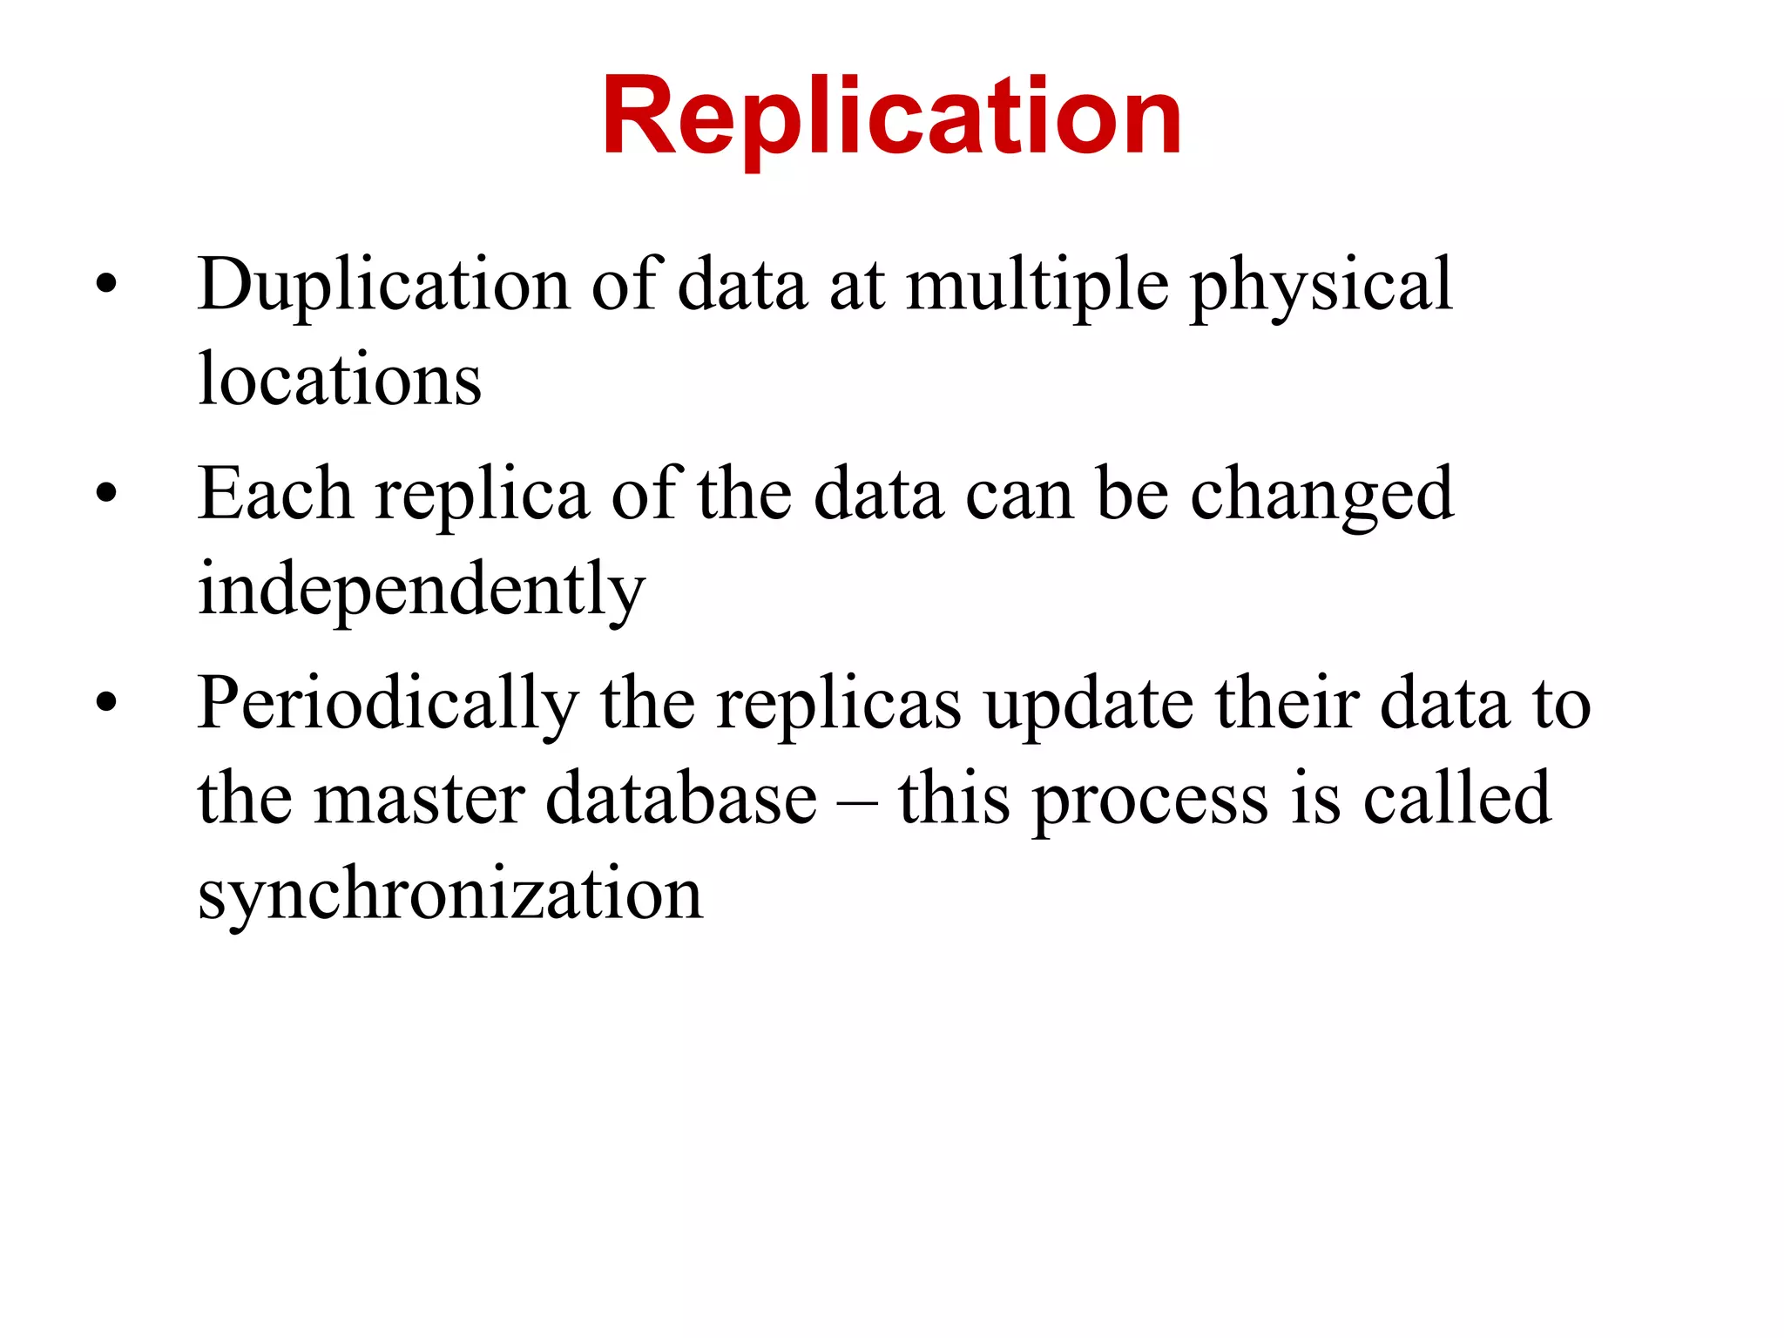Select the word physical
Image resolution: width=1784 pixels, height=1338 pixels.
(1321, 286)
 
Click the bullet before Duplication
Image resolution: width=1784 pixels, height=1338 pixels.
(106, 284)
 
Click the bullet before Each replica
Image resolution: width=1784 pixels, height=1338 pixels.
(106, 493)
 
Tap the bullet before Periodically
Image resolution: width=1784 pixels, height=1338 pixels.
(106, 701)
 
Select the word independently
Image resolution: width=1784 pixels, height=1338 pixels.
(422, 590)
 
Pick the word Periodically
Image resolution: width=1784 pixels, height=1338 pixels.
(389, 703)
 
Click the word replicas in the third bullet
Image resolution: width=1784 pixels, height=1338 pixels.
(839, 703)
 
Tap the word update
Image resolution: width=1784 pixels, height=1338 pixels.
(1089, 703)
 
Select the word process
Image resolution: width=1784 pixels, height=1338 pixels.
(1150, 800)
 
